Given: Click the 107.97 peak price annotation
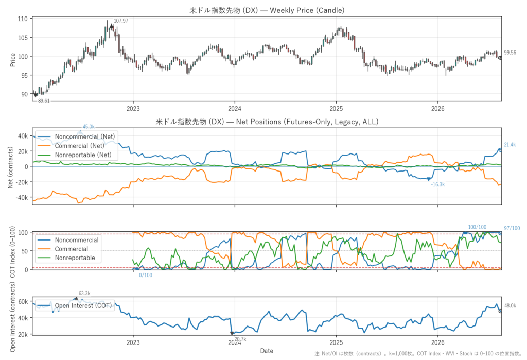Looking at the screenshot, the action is pos(120,21).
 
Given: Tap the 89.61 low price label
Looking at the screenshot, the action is pos(44,101).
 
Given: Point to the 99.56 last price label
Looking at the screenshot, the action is pos(510,53).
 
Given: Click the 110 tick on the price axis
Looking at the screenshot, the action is pos(23,19).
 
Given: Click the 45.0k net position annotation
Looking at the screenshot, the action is pos(89,127).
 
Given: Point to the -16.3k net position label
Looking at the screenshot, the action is pos(438,185).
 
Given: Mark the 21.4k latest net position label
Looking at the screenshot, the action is pos(510,145).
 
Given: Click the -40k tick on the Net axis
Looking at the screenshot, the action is pos(22,197).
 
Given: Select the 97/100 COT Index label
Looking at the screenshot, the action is pos(512,228).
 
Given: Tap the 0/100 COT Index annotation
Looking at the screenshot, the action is pos(146,275).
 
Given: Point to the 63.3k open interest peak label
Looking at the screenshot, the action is pos(84,294).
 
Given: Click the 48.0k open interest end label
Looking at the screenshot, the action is pos(510,306).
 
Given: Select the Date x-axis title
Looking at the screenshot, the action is pos(267,351).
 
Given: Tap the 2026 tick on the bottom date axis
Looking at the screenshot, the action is pos(437,343).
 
